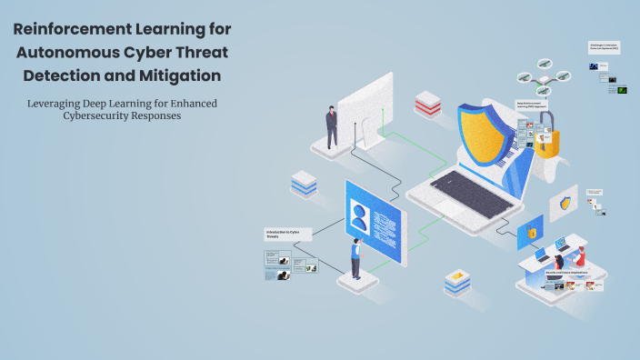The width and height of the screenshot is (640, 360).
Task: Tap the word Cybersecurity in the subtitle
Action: coord(91,116)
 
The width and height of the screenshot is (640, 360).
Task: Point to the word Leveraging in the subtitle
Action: coord(57,103)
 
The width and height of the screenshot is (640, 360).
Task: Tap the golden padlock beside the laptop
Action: coord(545,142)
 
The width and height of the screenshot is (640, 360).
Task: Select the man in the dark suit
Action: coord(333,126)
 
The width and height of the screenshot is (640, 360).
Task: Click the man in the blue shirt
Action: coord(356,259)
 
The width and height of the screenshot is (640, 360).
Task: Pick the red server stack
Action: coord(427,104)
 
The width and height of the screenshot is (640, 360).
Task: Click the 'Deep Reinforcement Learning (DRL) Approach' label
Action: coord(533,105)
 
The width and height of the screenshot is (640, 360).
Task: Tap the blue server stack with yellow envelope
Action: coord(456,280)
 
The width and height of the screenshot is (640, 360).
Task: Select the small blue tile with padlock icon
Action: coord(530,233)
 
